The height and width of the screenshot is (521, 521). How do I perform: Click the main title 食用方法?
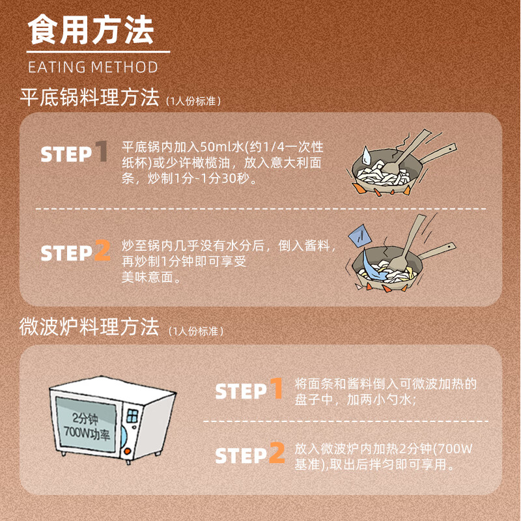91,31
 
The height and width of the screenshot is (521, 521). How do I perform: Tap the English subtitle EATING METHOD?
93,67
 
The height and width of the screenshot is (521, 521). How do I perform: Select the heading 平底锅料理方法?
89,98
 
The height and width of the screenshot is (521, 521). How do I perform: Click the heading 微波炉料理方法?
89,327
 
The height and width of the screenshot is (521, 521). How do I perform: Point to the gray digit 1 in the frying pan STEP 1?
101,152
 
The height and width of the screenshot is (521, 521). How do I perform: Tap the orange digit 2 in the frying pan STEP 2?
102,251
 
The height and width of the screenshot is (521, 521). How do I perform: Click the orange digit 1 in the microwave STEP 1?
276,389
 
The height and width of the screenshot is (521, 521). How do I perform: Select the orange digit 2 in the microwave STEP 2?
277,453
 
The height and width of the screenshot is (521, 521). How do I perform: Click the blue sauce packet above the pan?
357,235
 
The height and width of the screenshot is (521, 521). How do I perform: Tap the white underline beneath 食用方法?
98,51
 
